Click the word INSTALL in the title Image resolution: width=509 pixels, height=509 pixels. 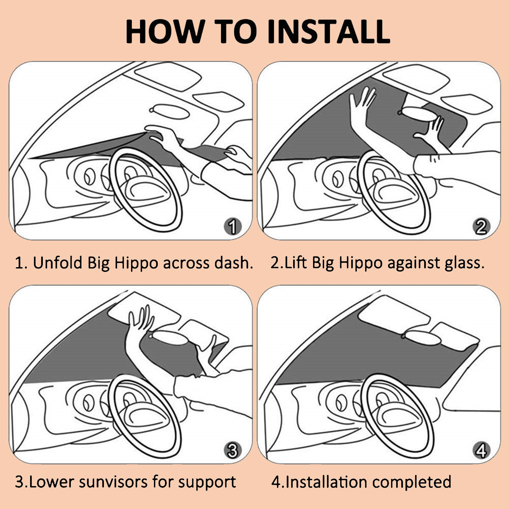pos(329,31)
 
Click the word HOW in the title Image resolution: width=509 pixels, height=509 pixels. pos(165,31)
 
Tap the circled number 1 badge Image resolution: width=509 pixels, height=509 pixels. pos(233,227)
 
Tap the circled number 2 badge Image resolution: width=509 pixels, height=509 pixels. pos(481,227)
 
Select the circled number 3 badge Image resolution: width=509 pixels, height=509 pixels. pos(233,450)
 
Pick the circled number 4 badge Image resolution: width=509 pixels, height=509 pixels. pos(481,450)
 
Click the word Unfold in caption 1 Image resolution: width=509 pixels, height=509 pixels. pos(57,263)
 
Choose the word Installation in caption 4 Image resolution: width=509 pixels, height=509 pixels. pos(327,482)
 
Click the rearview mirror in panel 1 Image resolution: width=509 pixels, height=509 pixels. pos(169,112)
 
